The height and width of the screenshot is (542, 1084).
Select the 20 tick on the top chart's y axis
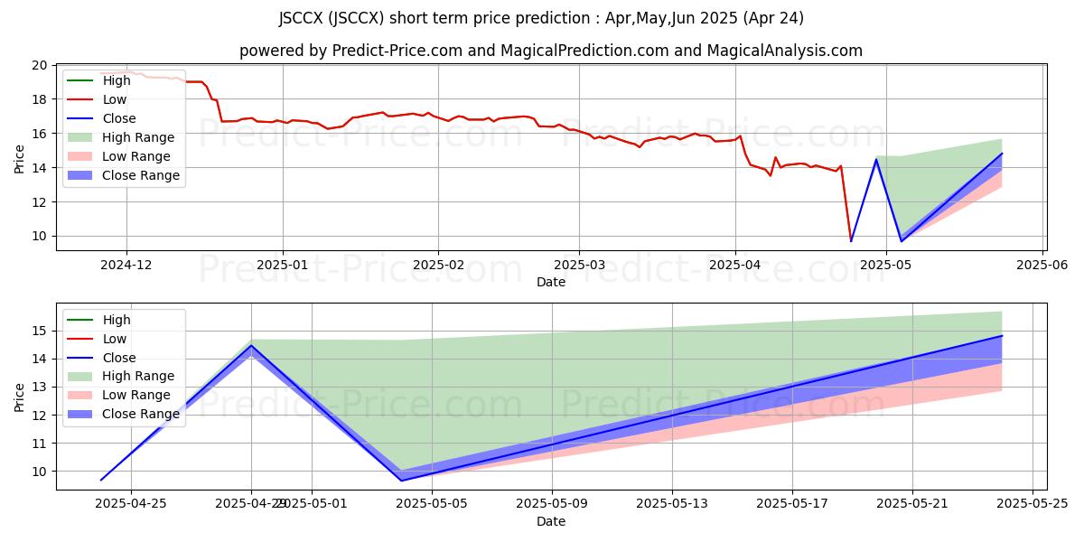(x=39, y=65)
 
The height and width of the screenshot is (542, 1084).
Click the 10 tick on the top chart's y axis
(x=39, y=237)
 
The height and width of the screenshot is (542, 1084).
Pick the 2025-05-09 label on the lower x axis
(x=552, y=502)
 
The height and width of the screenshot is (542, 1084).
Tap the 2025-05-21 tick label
(x=912, y=502)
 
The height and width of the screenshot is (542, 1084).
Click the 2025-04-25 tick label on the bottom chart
(x=131, y=502)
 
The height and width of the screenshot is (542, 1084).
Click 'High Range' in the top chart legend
(x=138, y=137)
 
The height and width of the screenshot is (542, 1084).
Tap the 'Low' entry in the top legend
(x=115, y=99)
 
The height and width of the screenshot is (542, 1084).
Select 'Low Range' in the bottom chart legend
(x=136, y=395)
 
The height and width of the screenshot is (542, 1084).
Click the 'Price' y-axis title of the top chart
(x=20, y=158)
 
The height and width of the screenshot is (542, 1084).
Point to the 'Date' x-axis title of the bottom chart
(x=551, y=521)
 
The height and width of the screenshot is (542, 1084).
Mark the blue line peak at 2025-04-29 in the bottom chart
(x=251, y=345)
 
